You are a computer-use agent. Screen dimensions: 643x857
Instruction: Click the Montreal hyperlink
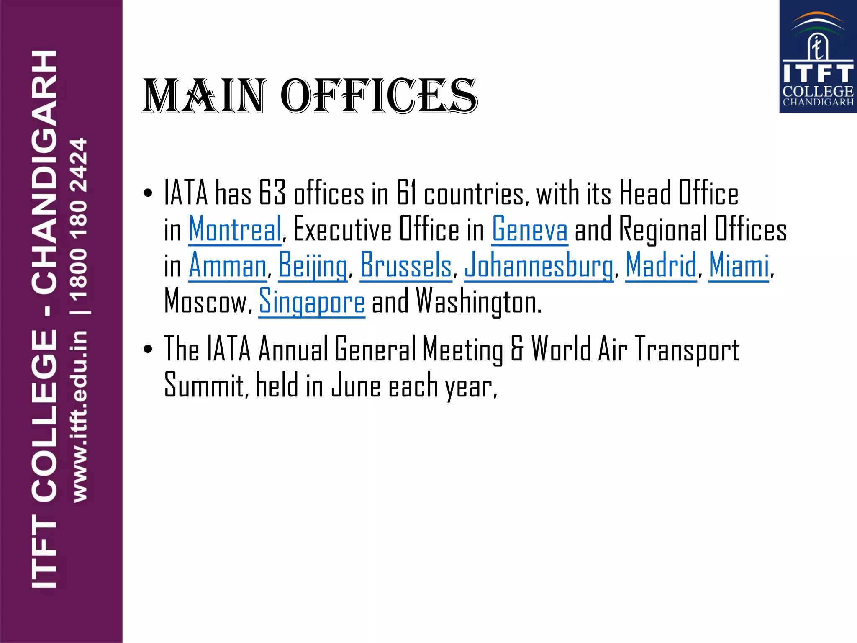point(235,229)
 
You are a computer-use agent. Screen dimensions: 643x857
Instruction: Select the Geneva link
point(529,229)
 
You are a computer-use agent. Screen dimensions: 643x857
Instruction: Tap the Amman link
point(227,265)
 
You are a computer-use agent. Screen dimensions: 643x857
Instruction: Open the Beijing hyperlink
point(312,265)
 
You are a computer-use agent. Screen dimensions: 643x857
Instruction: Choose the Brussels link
point(405,265)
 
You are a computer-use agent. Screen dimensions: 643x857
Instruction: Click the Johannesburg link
point(538,265)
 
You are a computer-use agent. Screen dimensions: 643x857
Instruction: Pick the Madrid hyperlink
point(661,265)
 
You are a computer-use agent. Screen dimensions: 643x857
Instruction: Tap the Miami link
point(739,265)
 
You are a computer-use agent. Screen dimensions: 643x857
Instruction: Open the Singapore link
point(312,301)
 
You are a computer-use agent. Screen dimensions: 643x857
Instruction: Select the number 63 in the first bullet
point(272,193)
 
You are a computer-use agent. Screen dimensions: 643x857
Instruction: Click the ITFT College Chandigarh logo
point(818,57)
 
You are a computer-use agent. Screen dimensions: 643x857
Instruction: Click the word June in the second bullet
point(356,386)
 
